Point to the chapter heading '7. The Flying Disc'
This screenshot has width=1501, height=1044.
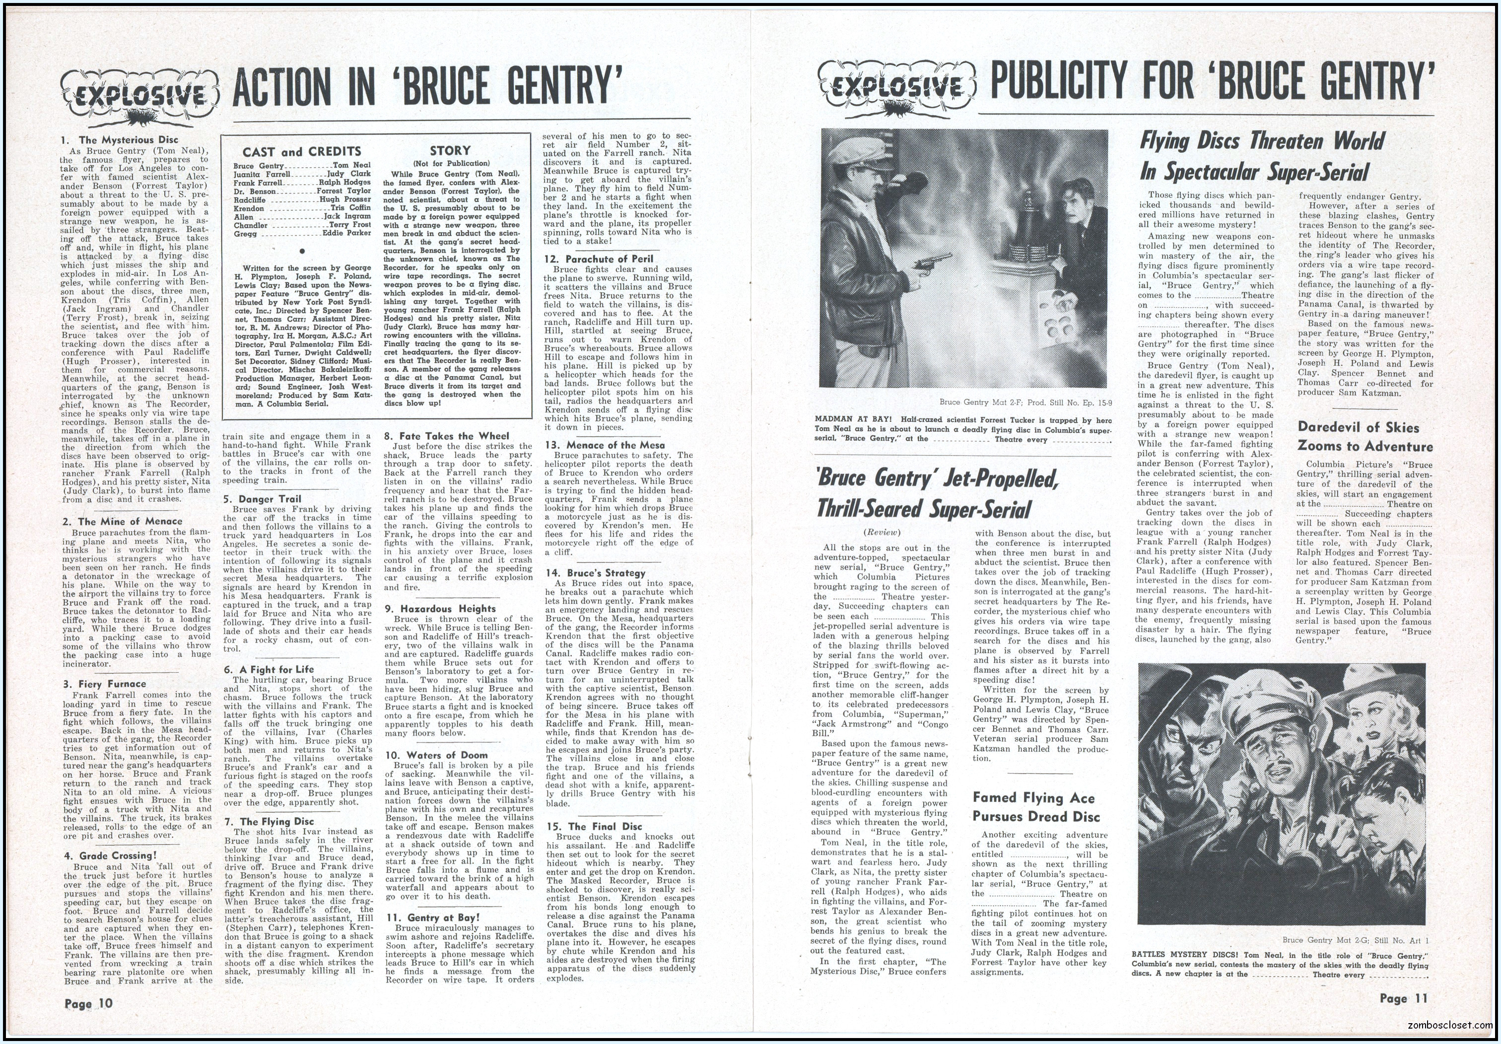click(x=276, y=822)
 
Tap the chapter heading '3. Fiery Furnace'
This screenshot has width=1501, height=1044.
click(x=104, y=684)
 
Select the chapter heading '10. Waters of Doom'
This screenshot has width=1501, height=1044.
click(x=437, y=755)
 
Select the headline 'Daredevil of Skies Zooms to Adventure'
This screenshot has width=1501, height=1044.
click(x=1365, y=437)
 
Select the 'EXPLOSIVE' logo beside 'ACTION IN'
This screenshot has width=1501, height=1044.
click(x=138, y=97)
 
